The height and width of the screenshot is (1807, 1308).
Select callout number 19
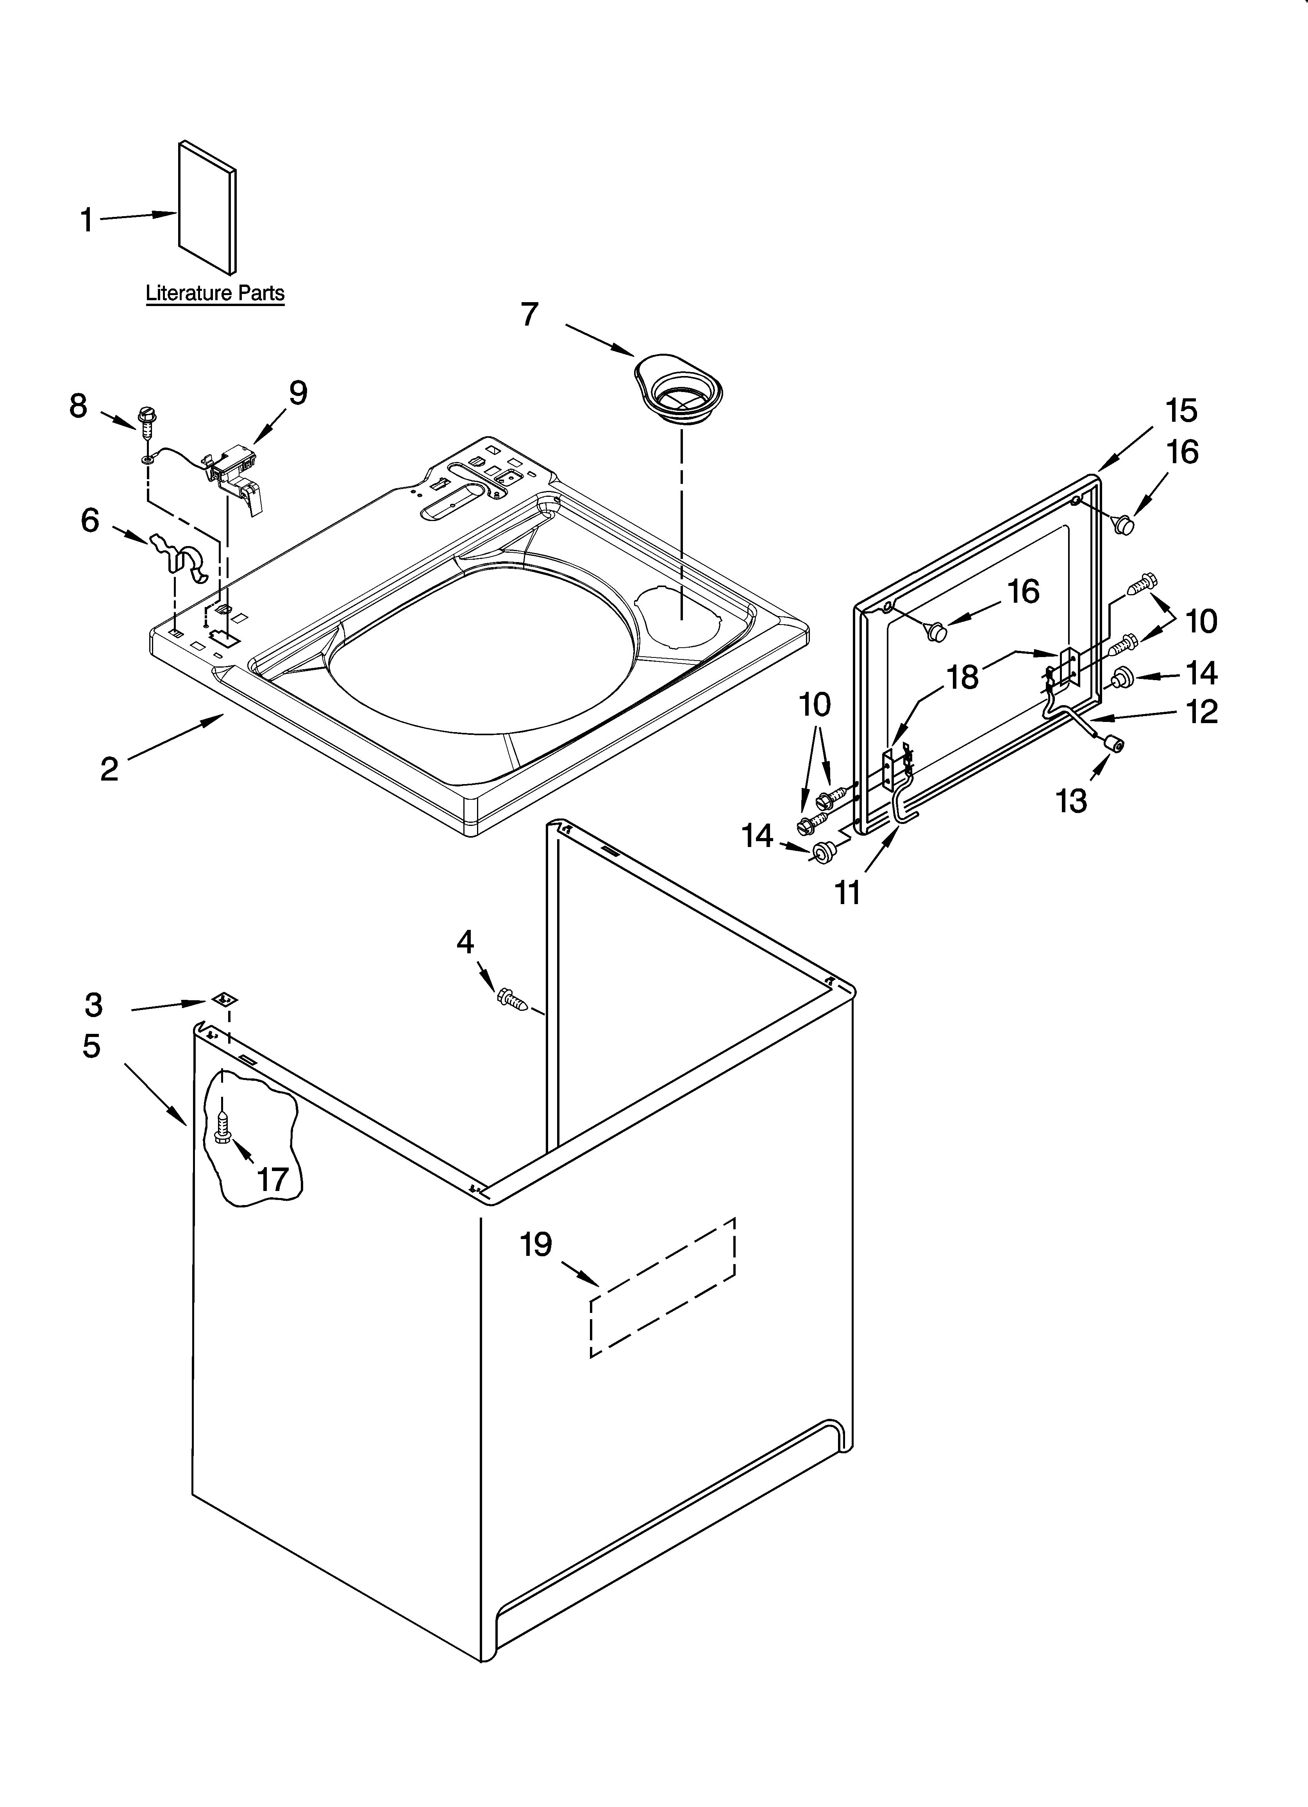tap(536, 1245)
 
